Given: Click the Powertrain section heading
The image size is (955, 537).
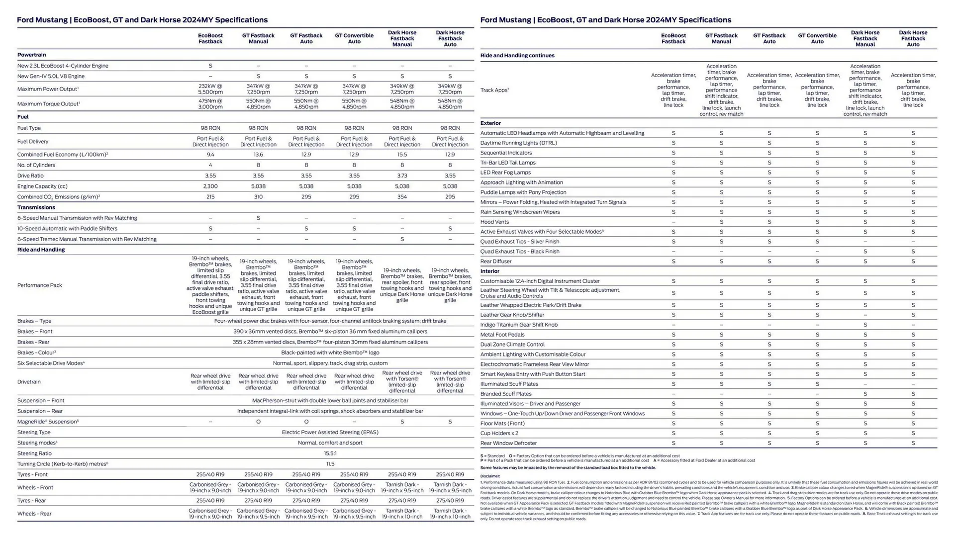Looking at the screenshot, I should pos(31,55).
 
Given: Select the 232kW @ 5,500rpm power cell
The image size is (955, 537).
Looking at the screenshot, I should pos(210,89).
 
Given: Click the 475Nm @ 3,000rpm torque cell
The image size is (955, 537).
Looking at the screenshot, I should pos(210,103).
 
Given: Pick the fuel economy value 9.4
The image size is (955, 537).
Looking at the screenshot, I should pos(210,155).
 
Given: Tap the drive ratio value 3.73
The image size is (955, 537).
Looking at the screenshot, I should pos(402,176).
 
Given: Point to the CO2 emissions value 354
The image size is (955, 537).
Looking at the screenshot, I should pos(402,197).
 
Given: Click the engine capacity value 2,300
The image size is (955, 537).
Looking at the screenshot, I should pos(210,186).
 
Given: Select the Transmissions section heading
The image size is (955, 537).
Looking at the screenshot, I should pos(36,207).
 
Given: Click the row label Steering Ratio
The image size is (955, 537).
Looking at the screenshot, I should pos(34,453).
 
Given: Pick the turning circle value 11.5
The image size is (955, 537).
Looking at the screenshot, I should pos(330,464).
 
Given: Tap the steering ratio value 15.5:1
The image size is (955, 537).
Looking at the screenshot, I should pos(330,453).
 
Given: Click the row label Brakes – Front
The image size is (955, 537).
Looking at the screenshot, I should pos(35,332).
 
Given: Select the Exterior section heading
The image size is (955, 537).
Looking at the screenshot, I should pos(490,123).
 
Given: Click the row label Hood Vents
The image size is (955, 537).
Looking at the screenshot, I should pos(494,222).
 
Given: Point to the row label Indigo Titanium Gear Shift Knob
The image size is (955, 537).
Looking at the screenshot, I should pos(519,325).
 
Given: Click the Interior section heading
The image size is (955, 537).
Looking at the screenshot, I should pos(490,271).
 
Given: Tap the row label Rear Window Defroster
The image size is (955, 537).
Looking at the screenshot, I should pos(508,443).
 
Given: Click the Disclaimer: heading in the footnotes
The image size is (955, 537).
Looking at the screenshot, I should pos(490,476).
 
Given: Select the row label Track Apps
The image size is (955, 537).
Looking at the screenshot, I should pos(494,90).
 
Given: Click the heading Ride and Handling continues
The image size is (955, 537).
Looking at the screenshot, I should pos(517,56).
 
